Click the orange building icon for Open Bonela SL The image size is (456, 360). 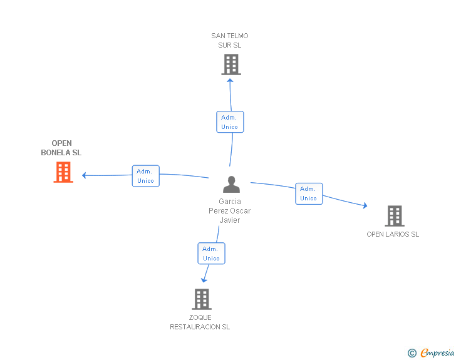point(63,172)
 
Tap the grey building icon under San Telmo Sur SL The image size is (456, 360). point(231,64)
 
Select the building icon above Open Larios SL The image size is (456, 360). point(395,216)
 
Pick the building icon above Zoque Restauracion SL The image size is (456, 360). point(202,299)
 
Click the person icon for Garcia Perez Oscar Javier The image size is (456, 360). point(232,184)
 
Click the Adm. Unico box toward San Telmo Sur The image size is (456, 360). point(230,122)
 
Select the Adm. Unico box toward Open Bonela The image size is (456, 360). point(146,176)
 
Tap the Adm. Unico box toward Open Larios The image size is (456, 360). point(309,193)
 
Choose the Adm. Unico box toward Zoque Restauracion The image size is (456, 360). point(212,254)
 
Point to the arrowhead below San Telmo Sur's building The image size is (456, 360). point(230,81)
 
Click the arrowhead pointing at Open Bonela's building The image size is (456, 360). point(84,175)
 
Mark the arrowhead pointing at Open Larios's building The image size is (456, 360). point(365,205)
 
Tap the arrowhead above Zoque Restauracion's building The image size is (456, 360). point(204,280)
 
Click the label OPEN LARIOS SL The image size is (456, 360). point(393,234)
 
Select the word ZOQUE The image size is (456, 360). point(200,317)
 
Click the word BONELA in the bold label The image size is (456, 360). point(56,153)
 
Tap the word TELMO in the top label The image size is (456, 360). point(237,36)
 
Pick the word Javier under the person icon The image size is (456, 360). point(230,220)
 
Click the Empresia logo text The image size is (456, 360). point(437,352)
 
